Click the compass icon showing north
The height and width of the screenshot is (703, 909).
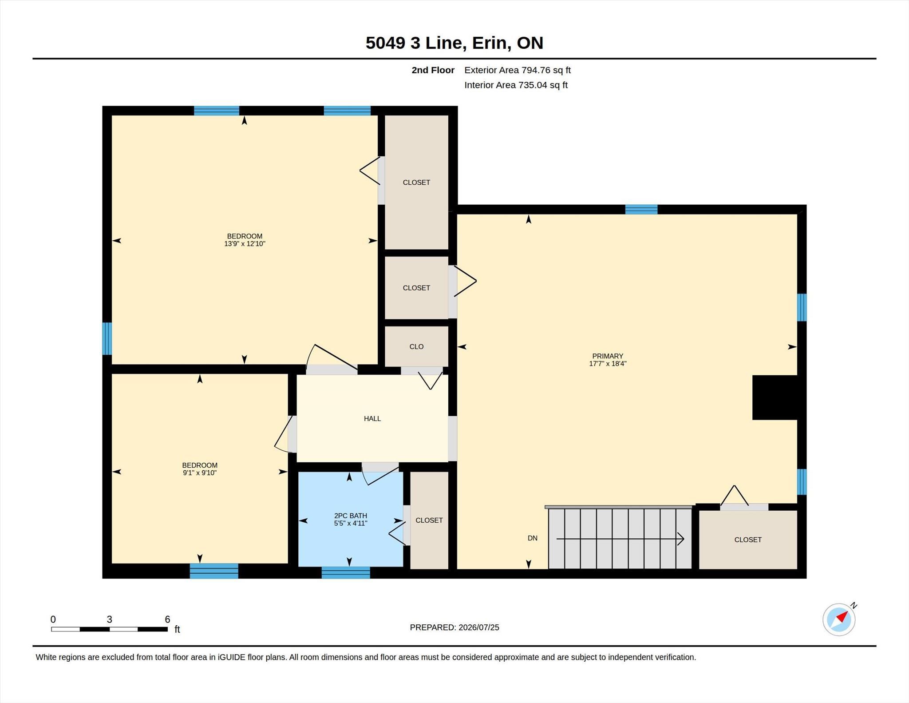tap(838, 619)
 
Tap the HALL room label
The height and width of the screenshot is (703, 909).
tap(372, 418)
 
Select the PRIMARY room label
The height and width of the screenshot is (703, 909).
tap(608, 356)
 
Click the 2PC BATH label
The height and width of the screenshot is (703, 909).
tap(351, 516)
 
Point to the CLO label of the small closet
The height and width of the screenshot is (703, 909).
tap(416, 346)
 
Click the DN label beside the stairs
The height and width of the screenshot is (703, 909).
tap(533, 538)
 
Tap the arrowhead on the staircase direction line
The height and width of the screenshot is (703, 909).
tap(681, 539)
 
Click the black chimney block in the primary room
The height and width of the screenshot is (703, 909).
tap(775, 397)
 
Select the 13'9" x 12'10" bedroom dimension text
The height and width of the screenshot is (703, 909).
tap(245, 243)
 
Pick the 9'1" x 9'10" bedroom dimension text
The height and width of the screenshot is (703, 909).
tap(200, 473)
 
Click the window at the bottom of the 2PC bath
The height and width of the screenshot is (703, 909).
tap(346, 572)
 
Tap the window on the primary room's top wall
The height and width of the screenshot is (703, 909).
tap(641, 209)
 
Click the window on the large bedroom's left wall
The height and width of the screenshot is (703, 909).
tap(107, 338)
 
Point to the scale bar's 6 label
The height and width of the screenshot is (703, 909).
tap(167, 619)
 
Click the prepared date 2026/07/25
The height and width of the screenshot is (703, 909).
tap(479, 627)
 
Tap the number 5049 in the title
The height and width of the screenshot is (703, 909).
tap(385, 43)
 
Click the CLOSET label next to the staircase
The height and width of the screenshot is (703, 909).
tap(748, 540)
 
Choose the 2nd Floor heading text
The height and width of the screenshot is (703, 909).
tap(433, 70)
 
